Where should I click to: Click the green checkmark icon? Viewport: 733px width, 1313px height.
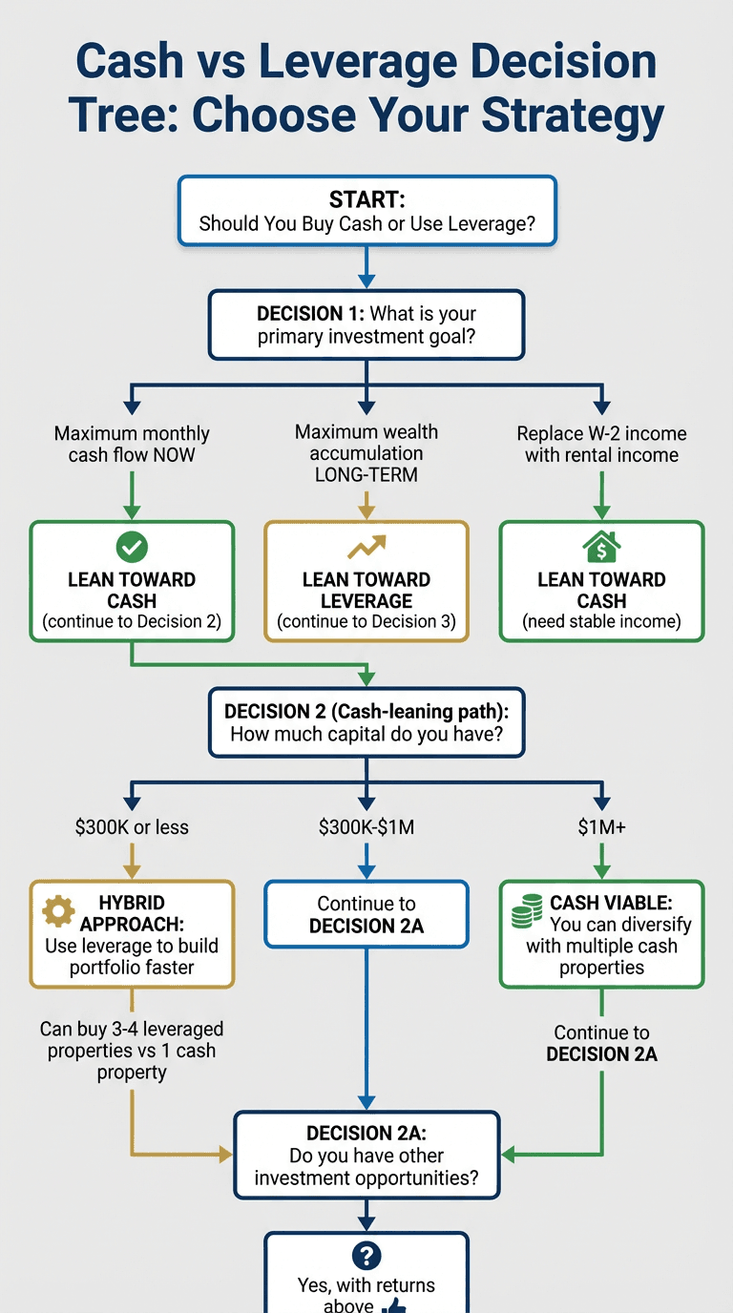132,547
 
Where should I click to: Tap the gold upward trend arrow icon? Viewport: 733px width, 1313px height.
366,547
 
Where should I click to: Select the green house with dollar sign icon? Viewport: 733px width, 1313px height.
601,547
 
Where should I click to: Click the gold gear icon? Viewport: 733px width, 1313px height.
59,910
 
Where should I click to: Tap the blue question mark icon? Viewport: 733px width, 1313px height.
366,1256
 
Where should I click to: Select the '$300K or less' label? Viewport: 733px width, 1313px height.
132,827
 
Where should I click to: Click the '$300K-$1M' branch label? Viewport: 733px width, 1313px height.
366,827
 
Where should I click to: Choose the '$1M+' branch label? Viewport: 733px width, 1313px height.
601,827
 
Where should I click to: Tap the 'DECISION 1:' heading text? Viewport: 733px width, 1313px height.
310,314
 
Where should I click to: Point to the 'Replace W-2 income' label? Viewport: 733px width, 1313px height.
601,433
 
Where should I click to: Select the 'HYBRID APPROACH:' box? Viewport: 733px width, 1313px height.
132,934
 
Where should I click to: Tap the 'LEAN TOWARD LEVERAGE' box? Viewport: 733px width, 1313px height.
366,580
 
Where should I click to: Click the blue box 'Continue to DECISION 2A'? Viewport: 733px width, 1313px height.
366,914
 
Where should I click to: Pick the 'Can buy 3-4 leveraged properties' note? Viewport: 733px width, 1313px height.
132,1051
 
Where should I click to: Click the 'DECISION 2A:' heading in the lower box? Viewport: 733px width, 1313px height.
366,1134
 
